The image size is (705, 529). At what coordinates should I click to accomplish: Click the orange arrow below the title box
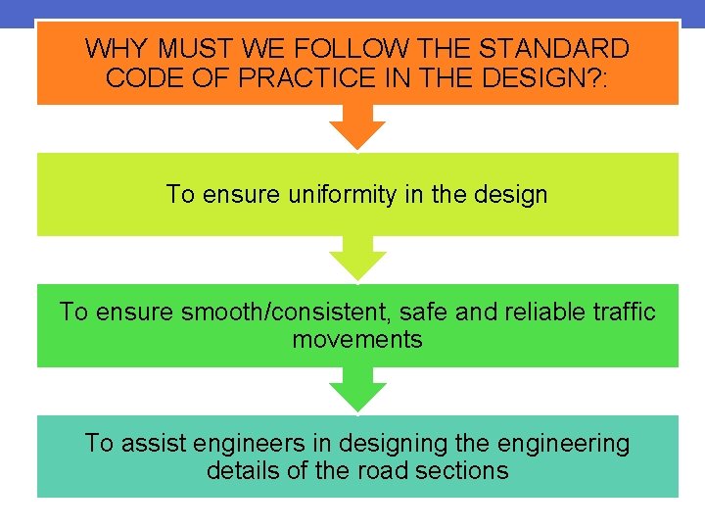[x=357, y=127]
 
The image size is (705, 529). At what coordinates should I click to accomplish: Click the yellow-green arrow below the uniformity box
[x=357, y=259]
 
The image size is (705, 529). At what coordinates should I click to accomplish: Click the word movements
[x=357, y=340]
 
